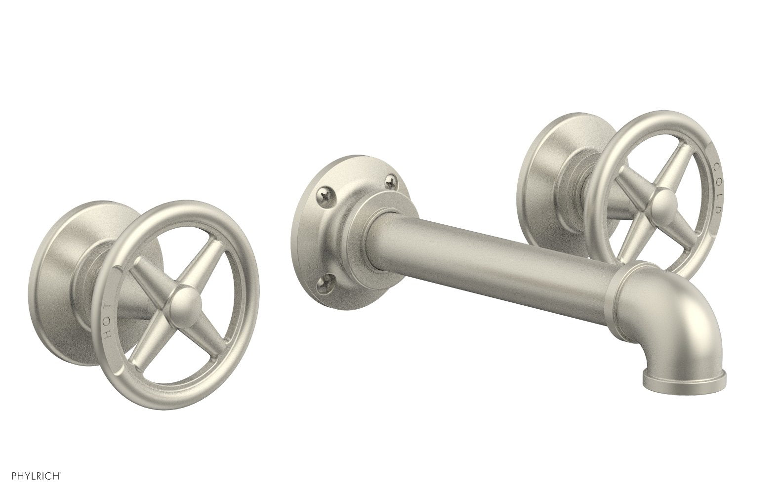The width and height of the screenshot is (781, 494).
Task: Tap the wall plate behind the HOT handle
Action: (x=69, y=277)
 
